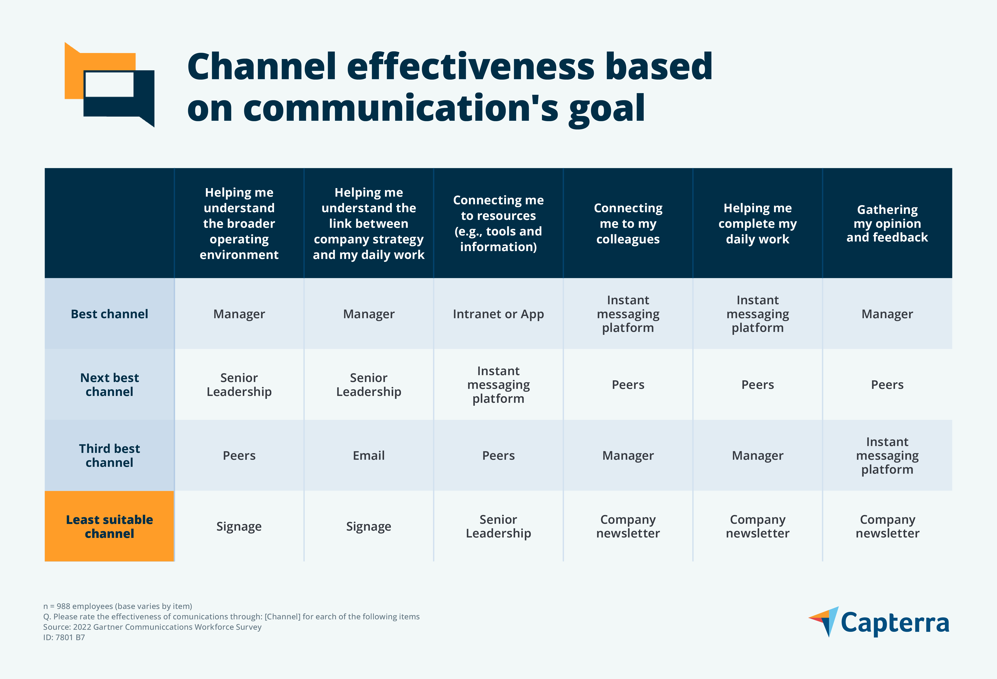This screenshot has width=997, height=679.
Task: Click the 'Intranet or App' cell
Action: (x=498, y=314)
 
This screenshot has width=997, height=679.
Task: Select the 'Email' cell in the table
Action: (x=368, y=455)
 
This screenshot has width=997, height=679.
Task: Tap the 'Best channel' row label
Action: (x=109, y=314)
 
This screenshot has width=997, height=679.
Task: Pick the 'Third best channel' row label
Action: (x=109, y=455)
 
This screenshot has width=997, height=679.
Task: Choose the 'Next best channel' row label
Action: (x=109, y=384)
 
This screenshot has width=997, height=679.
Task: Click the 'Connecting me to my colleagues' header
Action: (x=628, y=223)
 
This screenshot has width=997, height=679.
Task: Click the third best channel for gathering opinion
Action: (x=887, y=455)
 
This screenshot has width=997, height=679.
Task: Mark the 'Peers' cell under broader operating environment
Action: (x=239, y=455)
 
